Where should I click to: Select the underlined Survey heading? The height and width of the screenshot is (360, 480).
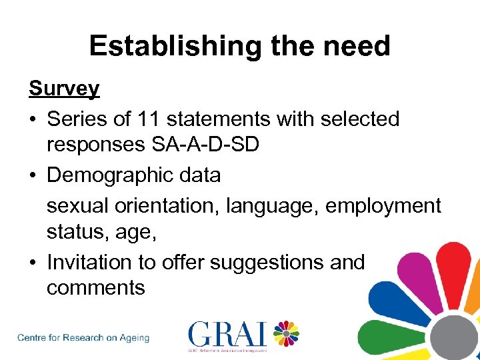64,89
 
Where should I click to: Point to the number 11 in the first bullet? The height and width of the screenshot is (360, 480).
148,119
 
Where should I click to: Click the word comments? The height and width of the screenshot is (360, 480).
95,288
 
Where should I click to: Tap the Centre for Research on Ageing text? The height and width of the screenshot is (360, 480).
83,337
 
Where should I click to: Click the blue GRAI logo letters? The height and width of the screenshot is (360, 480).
227,334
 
